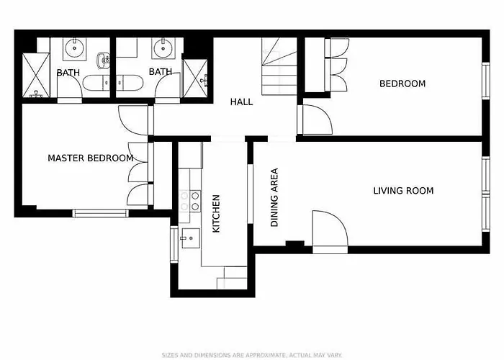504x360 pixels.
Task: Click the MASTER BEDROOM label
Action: point(91,158)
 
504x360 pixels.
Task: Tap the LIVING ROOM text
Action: point(403,191)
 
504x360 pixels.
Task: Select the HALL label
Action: point(241,102)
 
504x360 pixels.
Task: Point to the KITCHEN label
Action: point(216,213)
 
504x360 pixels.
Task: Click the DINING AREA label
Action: point(274,197)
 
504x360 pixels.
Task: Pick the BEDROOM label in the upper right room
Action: point(402,84)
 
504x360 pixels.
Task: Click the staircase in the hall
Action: point(279,66)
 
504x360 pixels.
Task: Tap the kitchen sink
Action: point(191,238)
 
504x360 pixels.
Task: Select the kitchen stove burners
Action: point(189,201)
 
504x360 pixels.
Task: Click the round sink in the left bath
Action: point(75,48)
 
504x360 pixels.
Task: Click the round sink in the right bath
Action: point(163,48)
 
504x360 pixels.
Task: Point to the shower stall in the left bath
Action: point(36,75)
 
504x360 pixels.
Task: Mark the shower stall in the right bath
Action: point(195,78)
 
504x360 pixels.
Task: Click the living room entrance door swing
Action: point(330,228)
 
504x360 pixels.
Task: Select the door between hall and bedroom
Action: point(318,120)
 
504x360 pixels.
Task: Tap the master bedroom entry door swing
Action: point(133,120)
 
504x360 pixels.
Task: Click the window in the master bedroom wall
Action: point(101,213)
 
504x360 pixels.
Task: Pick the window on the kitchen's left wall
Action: point(174,244)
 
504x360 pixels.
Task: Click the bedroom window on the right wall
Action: point(486,81)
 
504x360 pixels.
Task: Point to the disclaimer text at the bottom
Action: point(252,355)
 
